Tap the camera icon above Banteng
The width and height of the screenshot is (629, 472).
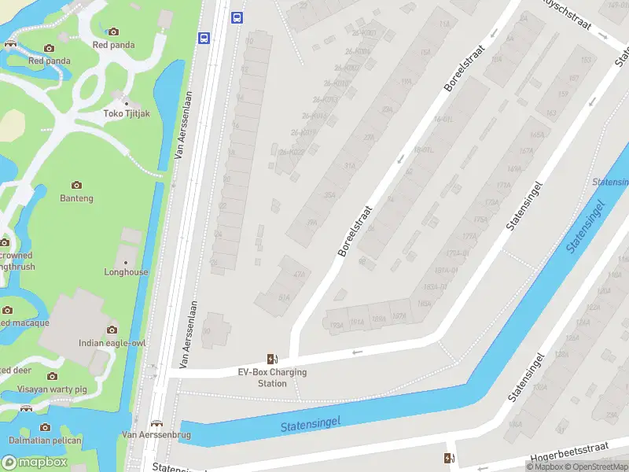click(x=77, y=185)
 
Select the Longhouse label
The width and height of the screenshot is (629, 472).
click(x=126, y=272)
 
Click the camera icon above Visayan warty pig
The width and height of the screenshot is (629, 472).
click(x=53, y=376)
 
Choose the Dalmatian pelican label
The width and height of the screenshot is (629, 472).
click(x=45, y=440)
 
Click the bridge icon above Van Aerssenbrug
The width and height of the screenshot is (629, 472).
click(x=156, y=422)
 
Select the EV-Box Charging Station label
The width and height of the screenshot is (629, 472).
click(x=272, y=378)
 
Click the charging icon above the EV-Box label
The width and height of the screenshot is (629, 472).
click(x=272, y=359)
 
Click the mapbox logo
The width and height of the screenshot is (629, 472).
click(x=35, y=463)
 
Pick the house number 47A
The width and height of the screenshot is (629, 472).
click(x=299, y=274)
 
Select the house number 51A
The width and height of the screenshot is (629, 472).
click(x=284, y=297)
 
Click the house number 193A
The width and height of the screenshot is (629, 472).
click(x=337, y=323)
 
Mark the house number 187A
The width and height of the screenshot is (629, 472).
click(x=399, y=316)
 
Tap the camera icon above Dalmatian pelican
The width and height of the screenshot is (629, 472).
click(x=45, y=427)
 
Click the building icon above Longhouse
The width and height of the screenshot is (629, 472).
click(x=126, y=260)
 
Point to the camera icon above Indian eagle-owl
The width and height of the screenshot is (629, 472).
click(x=112, y=330)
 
